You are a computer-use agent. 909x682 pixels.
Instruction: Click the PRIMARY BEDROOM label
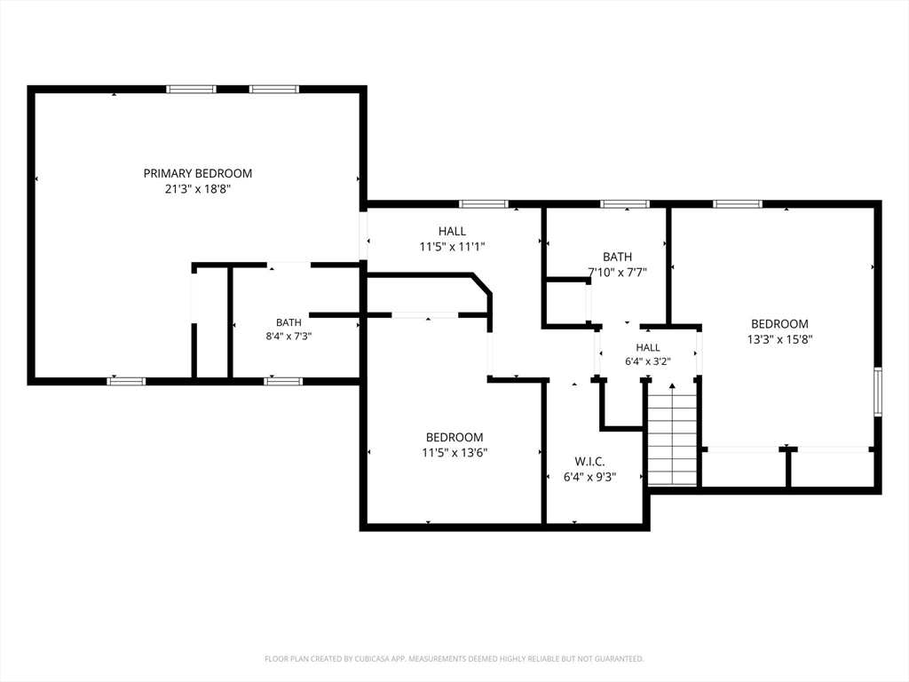tap(198, 173)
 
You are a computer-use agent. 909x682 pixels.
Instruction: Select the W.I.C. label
tap(589, 462)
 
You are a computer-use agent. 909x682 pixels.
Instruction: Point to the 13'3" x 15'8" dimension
tap(779, 339)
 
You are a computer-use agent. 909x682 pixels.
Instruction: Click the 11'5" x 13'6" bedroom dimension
tap(454, 452)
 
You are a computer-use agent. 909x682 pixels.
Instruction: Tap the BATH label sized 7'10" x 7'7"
tap(618, 257)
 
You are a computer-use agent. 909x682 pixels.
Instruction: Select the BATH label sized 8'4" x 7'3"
tap(289, 322)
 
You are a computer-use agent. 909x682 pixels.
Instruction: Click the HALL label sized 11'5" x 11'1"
tap(452, 231)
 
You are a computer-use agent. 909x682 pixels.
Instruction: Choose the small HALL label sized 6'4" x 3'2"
tap(647, 347)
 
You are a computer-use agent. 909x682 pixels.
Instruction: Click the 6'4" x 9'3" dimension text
tap(589, 477)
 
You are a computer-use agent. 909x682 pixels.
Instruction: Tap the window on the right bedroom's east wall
tap(878, 392)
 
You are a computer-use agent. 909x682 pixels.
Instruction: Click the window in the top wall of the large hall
tap(484, 204)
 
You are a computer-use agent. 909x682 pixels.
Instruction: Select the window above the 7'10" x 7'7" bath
tap(624, 204)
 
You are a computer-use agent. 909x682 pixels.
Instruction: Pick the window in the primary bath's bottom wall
tap(283, 381)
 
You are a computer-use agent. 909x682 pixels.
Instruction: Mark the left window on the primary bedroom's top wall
tap(192, 90)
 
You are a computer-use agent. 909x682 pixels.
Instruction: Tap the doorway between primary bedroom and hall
tap(363, 235)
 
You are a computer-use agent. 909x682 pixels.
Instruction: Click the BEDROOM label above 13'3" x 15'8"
tap(779, 323)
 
